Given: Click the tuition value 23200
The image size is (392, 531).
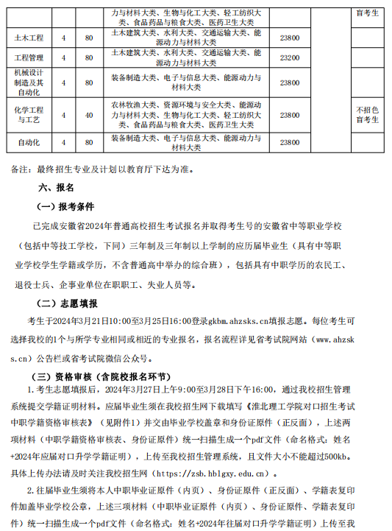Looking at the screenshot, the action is [x=290, y=57].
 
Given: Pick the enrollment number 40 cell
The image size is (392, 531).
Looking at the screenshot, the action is [x=89, y=115].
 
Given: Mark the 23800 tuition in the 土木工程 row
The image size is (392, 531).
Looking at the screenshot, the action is [x=290, y=38].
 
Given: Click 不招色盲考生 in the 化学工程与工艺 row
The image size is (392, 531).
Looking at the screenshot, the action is [x=367, y=115].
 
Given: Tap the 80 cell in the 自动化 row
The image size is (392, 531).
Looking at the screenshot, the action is [x=89, y=141].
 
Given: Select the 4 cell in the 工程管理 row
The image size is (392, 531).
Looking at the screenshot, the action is [x=64, y=57].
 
